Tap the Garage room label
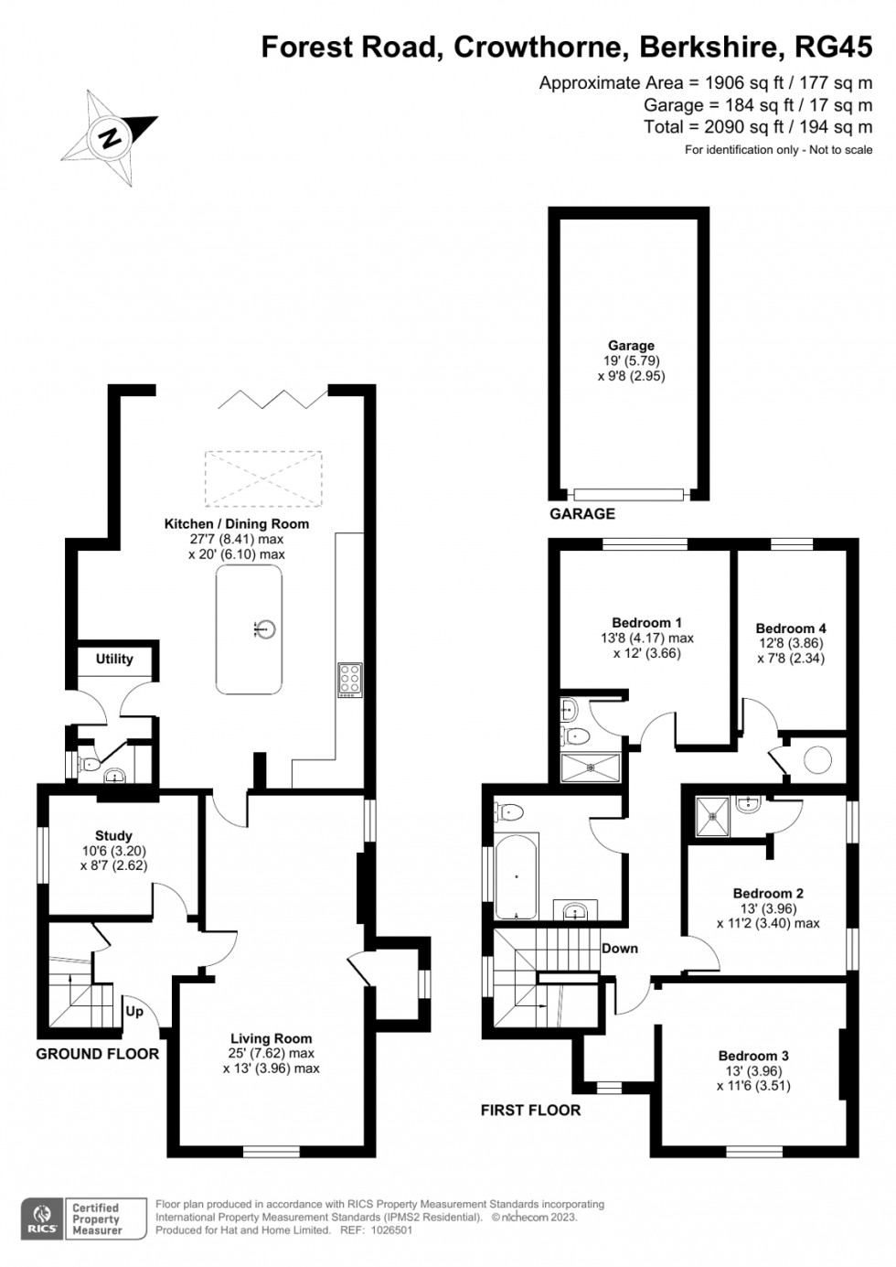click(631, 346)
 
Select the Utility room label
click(114, 659)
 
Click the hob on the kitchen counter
click(349, 680)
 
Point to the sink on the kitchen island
click(266, 628)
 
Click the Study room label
click(113, 835)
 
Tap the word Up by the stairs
click(134, 1013)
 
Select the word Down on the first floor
click(619, 948)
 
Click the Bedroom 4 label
click(791, 628)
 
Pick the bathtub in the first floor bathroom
click(517, 875)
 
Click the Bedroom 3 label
click(753, 1056)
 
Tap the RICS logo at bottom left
click(40, 1219)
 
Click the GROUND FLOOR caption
click(97, 1054)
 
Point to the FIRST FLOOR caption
click(530, 1111)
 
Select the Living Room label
click(271, 1038)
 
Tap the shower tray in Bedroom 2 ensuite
click(712, 813)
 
